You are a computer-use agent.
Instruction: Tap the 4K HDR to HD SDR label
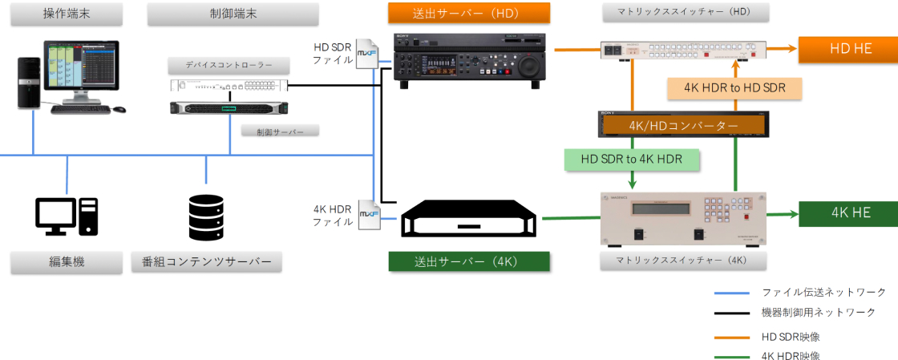point(734,88)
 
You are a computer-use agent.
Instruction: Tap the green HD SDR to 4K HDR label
point(632,159)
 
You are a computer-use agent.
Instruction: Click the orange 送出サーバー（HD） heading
point(469,13)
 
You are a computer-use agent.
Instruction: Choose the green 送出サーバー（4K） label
point(469,261)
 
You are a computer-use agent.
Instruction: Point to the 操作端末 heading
point(67,14)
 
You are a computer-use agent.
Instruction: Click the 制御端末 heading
point(233,14)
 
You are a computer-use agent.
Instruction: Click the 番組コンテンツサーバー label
point(207,261)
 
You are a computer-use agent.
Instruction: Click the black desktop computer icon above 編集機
point(67,216)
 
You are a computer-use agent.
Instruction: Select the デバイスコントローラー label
point(229,64)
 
